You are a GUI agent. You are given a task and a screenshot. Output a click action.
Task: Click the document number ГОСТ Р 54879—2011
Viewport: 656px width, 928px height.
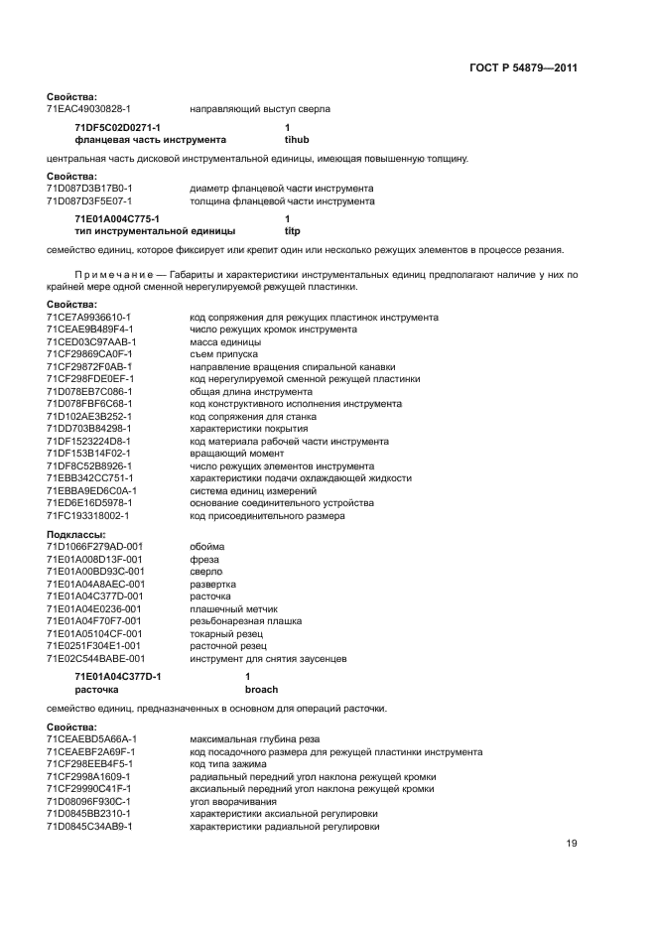pyautogui.click(x=522, y=68)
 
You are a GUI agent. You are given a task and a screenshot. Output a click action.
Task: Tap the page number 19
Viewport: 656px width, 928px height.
pyautogui.click(x=572, y=844)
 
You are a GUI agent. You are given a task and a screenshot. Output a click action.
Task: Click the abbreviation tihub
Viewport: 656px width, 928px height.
pyautogui.click(x=298, y=141)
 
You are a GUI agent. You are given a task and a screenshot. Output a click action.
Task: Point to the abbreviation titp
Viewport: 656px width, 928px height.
pyautogui.click(x=294, y=230)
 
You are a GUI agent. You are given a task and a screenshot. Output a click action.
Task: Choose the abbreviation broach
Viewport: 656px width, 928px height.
pyautogui.click(x=261, y=689)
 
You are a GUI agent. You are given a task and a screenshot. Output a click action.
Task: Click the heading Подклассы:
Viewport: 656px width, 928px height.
pyautogui.click(x=75, y=534)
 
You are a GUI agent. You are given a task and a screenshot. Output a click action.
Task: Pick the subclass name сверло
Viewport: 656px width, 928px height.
pyautogui.click(x=206, y=572)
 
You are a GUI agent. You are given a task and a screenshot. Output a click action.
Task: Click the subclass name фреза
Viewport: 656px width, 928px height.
pyautogui.click(x=204, y=559)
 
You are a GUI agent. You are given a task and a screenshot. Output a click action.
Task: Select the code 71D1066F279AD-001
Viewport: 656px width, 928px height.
pyautogui.click(x=94, y=547)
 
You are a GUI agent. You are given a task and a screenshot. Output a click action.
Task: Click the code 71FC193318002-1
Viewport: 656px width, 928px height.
pyautogui.click(x=88, y=516)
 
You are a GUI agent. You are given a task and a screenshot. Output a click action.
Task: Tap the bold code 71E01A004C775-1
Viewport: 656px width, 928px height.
pyautogui.click(x=118, y=218)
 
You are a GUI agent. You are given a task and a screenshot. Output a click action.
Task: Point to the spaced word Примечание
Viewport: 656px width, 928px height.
pyautogui.click(x=117, y=272)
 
